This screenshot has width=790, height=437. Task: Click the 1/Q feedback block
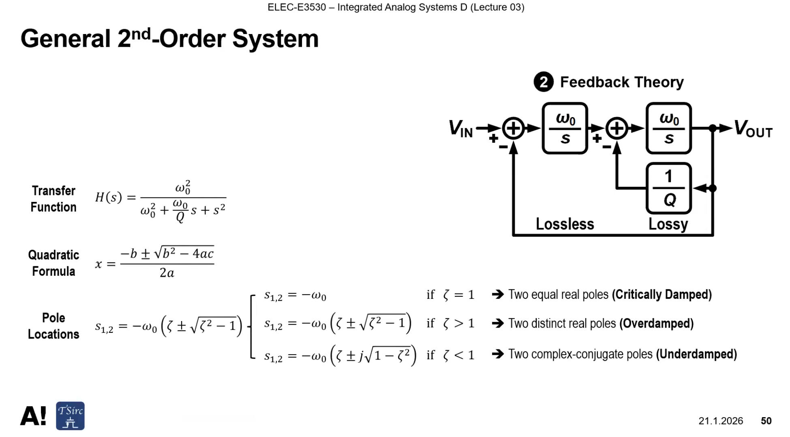coord(668,189)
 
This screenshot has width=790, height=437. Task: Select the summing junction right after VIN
coord(514,129)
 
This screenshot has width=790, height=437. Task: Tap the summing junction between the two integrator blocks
coord(617,129)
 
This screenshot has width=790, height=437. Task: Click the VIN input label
coord(461,129)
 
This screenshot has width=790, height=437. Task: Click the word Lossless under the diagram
coord(565,224)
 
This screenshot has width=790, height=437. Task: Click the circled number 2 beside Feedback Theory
coord(544,82)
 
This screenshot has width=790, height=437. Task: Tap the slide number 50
coord(766,421)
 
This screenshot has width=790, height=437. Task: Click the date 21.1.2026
coord(721,421)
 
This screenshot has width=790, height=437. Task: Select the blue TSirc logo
coord(71,416)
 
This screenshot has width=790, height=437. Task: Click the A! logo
coord(33,416)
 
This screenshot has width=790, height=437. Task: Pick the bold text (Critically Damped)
coord(662,295)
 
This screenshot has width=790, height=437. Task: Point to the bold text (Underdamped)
coord(696,354)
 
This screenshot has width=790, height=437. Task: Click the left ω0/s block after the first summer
coord(565,129)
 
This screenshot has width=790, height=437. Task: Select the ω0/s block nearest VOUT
coord(668,129)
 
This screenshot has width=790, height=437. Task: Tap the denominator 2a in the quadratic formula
coord(167,273)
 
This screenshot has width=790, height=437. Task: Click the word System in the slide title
coord(276,39)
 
